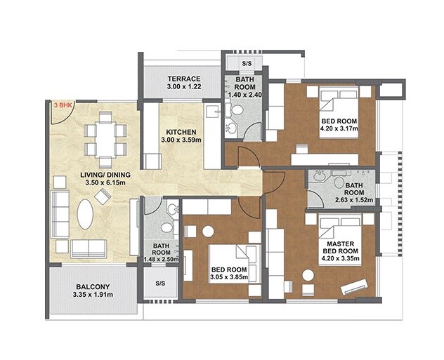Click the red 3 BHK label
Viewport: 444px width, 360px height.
point(64,105)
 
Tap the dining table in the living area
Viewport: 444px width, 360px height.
point(104,139)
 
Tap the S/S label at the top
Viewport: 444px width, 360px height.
point(247,63)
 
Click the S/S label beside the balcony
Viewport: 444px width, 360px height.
point(160,284)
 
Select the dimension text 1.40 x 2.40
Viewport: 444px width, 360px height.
point(244,93)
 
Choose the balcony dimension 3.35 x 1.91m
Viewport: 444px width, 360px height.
point(93,295)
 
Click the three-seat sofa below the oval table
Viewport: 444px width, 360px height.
point(88,247)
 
